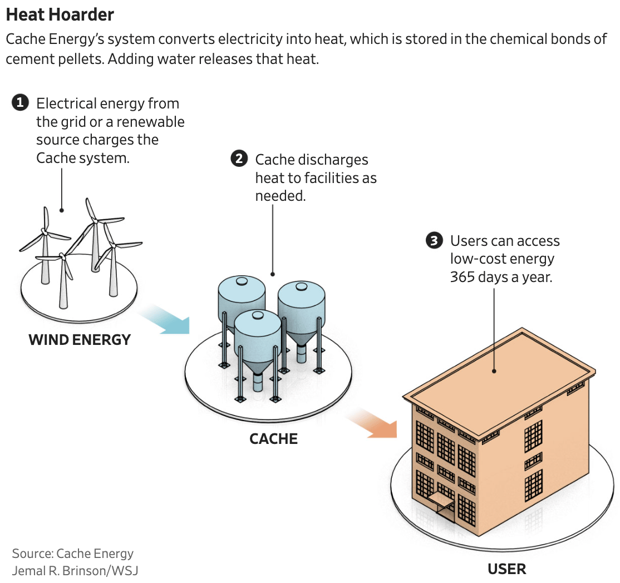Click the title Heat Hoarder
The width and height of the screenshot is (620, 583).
pos(60,14)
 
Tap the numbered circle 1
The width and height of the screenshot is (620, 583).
pos(20,103)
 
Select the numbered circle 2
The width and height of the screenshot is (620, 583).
pos(239,159)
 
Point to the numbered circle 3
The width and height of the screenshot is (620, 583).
pos(434,240)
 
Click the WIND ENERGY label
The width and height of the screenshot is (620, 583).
pos(80,339)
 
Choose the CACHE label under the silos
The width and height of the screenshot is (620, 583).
pos(273,439)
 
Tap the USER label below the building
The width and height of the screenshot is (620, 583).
pos(506,569)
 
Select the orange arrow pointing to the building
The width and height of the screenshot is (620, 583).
pos(372,424)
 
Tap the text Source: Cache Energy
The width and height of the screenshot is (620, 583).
pos(73,554)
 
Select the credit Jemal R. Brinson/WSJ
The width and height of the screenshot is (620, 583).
pos(75,571)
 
